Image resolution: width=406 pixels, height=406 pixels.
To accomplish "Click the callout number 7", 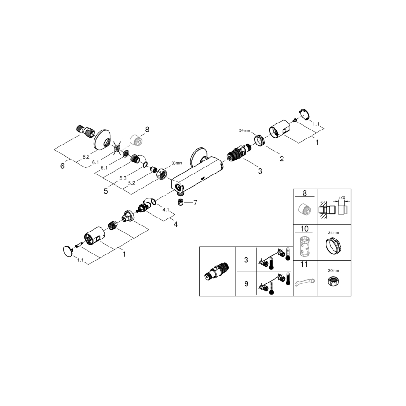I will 196,203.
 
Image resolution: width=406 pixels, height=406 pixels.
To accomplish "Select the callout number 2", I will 282,159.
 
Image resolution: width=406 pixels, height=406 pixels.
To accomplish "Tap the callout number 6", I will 62,166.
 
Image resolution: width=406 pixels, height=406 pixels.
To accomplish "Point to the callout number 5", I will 106,191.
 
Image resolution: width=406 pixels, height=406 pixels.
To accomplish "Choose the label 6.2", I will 86,157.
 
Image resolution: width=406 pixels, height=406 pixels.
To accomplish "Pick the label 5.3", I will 123,178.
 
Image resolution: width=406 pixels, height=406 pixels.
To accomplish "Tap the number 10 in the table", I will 305,229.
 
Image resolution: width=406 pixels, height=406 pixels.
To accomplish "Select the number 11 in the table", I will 305,265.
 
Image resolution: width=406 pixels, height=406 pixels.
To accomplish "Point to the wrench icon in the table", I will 305,283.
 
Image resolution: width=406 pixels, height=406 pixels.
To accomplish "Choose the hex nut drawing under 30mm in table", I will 334,282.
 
